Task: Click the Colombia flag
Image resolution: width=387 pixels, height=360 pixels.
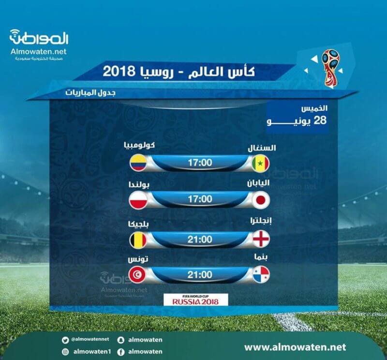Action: click(138, 163)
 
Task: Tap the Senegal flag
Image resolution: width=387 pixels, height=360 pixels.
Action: click(261, 163)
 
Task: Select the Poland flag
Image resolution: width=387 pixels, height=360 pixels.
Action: click(138, 199)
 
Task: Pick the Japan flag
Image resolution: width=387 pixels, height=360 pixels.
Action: click(261, 199)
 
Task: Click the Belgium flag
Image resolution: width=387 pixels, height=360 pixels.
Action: click(138, 239)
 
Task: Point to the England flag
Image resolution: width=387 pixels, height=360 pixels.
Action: click(261, 239)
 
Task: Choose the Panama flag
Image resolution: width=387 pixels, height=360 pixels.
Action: click(261, 274)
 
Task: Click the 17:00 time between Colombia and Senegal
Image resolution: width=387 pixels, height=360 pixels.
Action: click(200, 163)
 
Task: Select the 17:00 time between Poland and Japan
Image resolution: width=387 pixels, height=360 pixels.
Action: click(200, 199)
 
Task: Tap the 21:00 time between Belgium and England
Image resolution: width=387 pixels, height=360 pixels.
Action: click(200, 239)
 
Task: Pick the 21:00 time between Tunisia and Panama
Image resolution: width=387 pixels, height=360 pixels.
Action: click(200, 274)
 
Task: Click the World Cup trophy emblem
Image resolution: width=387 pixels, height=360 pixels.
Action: click(330, 68)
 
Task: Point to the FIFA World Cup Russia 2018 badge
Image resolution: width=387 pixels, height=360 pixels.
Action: click(196, 300)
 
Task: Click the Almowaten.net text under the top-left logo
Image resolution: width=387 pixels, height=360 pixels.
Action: click(39, 52)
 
